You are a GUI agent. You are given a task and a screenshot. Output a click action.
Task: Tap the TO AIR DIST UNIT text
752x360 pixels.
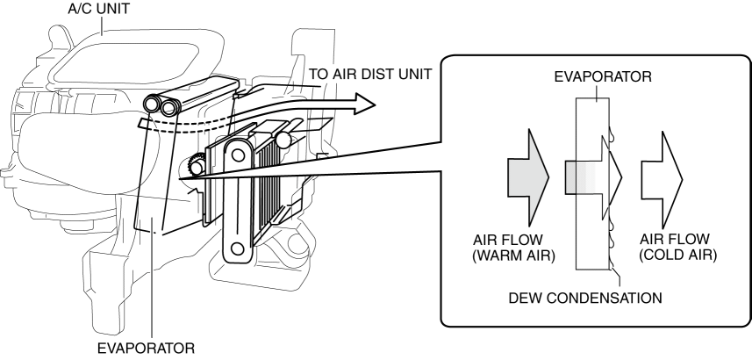pos(370,74)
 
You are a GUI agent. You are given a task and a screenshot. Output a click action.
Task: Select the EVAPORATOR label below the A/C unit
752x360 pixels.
pos(146,348)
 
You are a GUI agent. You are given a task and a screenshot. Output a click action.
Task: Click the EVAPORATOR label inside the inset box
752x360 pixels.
pos(603,76)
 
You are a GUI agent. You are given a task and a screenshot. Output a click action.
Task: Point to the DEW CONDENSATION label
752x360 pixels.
pos(585,298)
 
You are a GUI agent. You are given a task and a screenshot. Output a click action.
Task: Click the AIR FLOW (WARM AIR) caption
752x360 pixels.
pos(513,248)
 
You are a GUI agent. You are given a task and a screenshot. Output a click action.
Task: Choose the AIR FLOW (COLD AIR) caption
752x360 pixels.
pos(677,248)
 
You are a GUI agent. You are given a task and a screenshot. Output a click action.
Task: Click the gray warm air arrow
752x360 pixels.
pos(528,177)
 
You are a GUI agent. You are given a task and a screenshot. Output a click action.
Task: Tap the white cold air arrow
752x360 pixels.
pos(662,179)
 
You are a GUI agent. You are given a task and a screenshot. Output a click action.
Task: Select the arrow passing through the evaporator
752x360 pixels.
pos(593,177)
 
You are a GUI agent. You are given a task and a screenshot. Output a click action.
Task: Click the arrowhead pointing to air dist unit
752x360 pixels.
pos(364,104)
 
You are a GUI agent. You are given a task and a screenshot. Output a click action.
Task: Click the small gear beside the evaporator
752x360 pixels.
pos(197,165)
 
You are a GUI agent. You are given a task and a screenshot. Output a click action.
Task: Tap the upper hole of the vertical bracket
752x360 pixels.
pos(237,155)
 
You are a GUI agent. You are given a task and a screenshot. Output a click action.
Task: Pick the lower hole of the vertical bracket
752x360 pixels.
pos(237,248)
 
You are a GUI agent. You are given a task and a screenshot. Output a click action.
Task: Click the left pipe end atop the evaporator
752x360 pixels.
pos(153,104)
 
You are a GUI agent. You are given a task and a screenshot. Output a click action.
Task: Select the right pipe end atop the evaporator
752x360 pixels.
pos(169,107)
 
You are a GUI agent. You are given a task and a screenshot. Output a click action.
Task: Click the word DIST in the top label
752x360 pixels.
pos(379,74)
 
